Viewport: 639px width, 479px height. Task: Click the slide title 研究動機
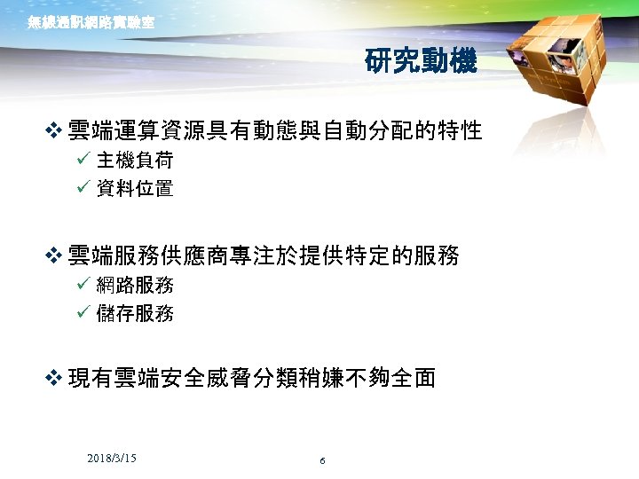(420, 61)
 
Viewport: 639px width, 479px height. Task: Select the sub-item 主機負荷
(135, 161)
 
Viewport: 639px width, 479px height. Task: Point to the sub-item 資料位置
(135, 188)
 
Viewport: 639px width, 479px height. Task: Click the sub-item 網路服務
(135, 286)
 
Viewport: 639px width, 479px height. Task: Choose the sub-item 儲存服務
(135, 313)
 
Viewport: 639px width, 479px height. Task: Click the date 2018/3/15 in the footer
(112, 458)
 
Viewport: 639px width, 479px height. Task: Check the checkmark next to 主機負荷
(82, 161)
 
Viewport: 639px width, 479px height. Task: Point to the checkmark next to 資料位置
(82, 188)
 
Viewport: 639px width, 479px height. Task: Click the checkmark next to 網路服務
(82, 286)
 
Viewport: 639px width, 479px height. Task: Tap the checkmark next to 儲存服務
(82, 313)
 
